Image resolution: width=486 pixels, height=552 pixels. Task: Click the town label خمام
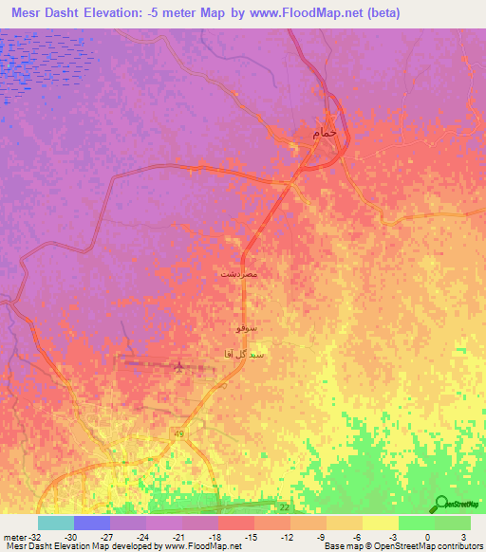click(324, 135)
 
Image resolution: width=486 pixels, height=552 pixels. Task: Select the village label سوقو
click(245, 328)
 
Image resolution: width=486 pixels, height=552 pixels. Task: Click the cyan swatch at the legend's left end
click(55, 523)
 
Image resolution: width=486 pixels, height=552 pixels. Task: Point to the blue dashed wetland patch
click(43, 66)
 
